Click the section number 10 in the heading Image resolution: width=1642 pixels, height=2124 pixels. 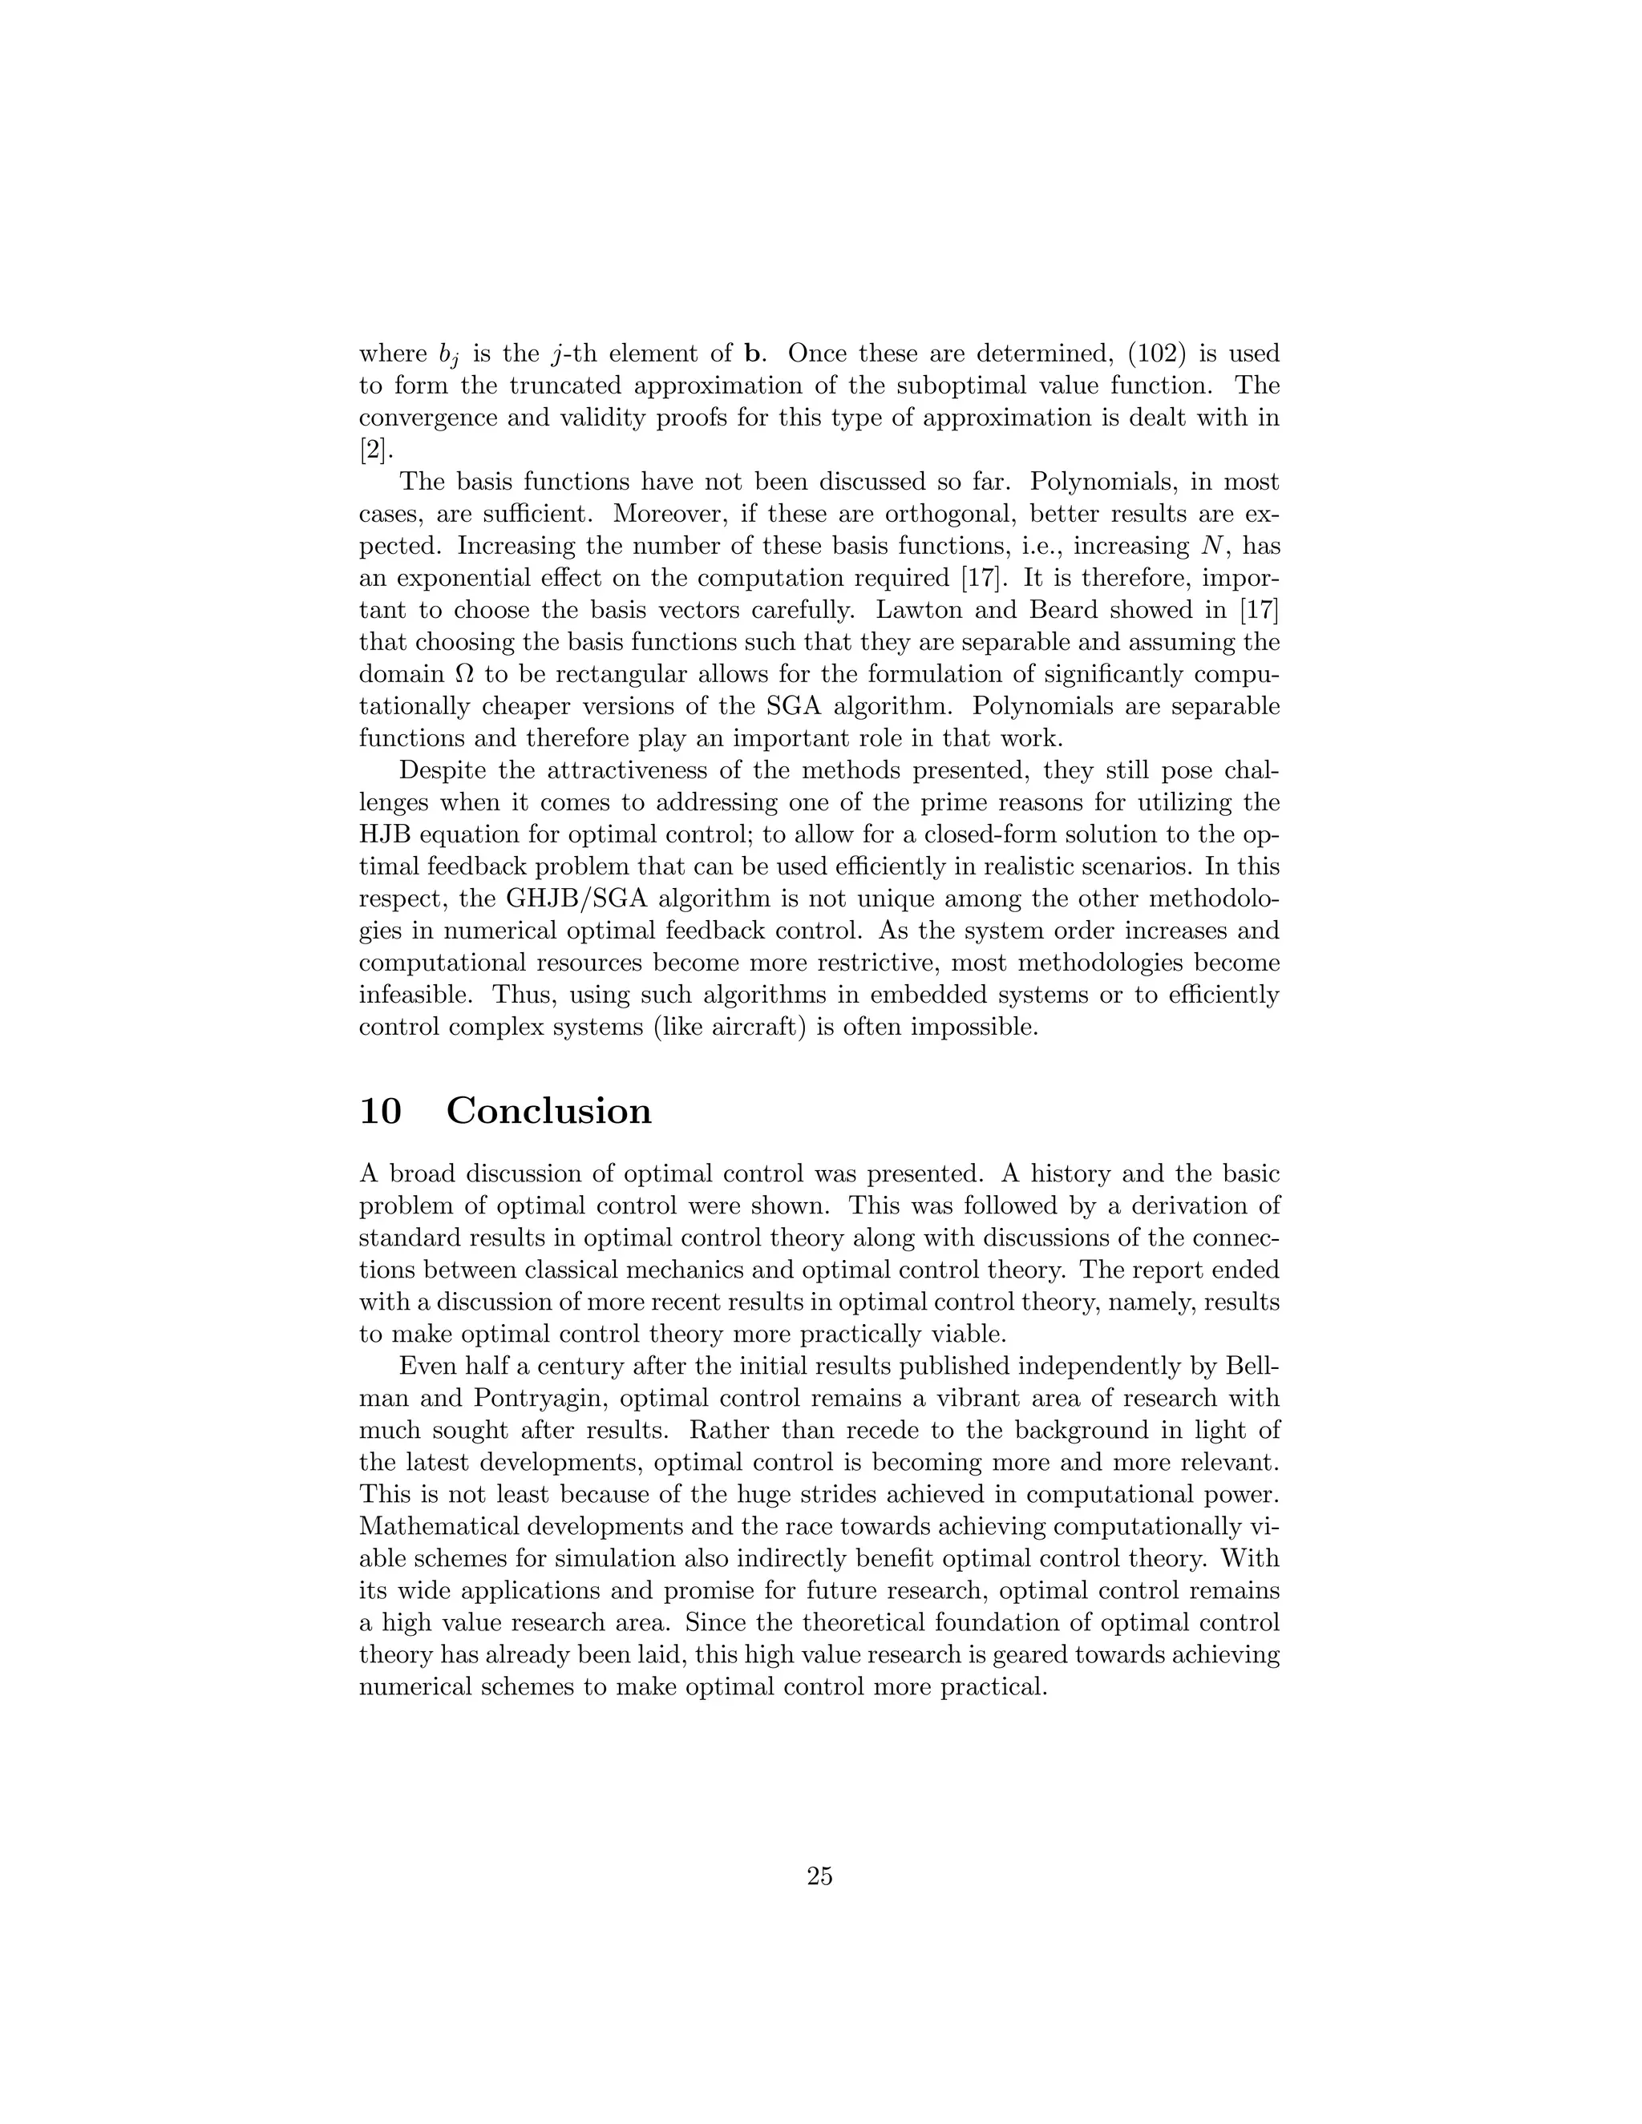point(379,1112)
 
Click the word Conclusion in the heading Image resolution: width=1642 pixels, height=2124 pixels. point(548,1112)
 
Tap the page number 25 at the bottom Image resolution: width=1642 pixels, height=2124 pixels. point(819,1877)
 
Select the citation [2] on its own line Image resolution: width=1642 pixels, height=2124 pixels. point(373,450)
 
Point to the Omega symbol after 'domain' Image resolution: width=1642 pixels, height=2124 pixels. point(465,675)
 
